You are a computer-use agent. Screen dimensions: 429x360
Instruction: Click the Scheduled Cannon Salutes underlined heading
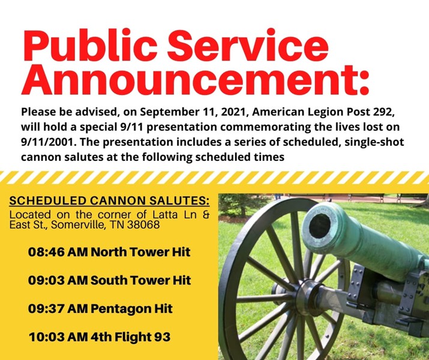pos(109,201)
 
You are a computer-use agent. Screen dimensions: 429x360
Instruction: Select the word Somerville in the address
pos(78,224)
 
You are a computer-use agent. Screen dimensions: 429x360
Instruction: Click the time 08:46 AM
pos(58,252)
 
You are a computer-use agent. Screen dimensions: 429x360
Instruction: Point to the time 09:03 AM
pos(58,280)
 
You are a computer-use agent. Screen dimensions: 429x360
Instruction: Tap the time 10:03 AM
pos(59,337)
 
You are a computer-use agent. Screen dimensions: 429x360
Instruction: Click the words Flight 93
pos(143,337)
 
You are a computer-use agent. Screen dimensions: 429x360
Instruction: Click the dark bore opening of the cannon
pos(320,226)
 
